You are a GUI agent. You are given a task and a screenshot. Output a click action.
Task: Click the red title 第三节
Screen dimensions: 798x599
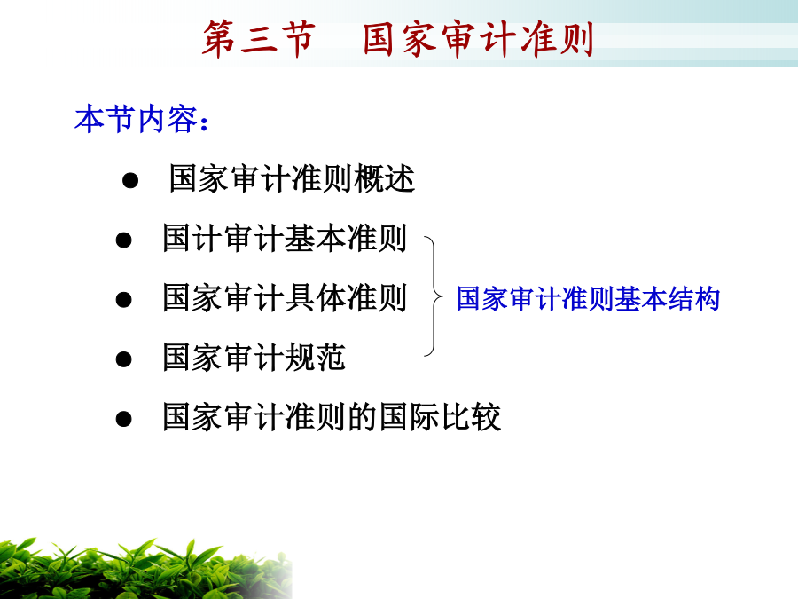[259, 39]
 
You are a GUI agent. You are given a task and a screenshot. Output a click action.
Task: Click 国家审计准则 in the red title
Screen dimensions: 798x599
[479, 39]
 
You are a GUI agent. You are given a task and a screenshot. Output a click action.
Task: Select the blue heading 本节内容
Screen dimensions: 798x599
[136, 119]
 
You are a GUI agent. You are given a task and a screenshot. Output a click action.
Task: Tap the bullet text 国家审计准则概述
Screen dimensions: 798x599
[292, 178]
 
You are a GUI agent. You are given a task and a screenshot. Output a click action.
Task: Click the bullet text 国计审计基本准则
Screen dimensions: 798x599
[285, 238]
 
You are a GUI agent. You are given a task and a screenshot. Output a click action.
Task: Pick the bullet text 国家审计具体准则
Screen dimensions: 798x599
[285, 298]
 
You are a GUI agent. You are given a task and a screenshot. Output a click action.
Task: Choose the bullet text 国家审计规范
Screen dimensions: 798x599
[254, 358]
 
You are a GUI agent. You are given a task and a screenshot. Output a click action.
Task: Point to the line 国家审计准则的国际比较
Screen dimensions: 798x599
[332, 417]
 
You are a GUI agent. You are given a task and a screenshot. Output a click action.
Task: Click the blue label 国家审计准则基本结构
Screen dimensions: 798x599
[588, 298]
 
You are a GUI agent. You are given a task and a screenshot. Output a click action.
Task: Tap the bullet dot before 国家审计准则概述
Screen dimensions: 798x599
[130, 180]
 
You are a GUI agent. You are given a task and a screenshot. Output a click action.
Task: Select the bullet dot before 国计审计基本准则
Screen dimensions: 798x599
[123, 240]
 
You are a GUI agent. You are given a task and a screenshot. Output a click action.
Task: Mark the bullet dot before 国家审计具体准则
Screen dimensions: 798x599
[123, 300]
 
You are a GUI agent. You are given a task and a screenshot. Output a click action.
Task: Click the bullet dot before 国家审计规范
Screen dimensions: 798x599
[123, 359]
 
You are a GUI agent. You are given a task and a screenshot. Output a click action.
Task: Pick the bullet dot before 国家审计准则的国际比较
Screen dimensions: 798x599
[123, 419]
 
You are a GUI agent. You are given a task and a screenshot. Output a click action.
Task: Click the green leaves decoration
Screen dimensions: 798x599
[145, 569]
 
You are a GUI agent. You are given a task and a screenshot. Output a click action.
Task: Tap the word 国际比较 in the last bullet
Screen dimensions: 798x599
[440, 417]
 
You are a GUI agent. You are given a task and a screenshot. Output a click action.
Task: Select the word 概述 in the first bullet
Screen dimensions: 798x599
[385, 178]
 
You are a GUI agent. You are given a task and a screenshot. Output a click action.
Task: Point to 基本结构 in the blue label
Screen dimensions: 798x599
[667, 298]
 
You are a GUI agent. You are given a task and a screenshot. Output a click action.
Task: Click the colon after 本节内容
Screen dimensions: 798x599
[205, 123]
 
